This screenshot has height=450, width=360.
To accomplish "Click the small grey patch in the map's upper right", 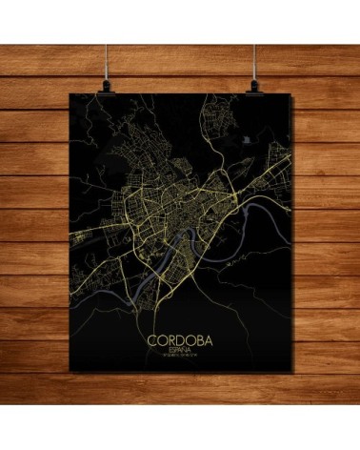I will [x=249, y=139].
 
